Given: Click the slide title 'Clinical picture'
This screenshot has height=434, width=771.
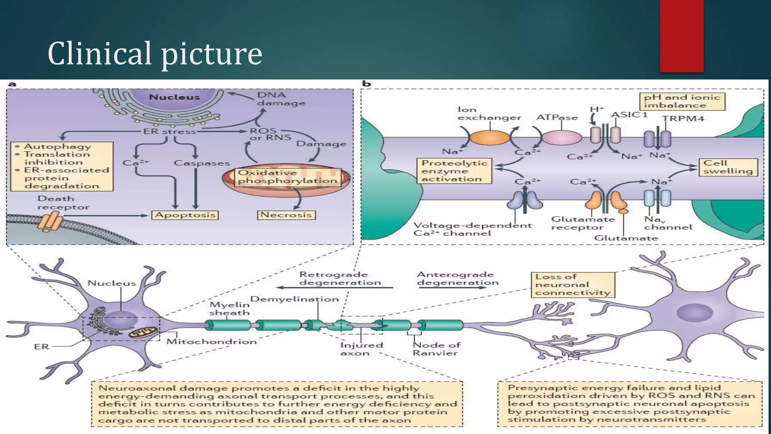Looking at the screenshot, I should tap(155, 53).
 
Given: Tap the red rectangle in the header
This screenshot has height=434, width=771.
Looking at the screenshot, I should tap(681, 36).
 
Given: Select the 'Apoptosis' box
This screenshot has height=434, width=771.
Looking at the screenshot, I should tap(185, 215).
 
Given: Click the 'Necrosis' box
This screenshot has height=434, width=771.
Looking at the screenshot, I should tap(286, 215).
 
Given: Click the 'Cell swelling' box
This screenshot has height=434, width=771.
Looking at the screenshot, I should tap(728, 167).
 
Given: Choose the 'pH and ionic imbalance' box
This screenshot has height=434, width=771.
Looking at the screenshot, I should tap(682, 101).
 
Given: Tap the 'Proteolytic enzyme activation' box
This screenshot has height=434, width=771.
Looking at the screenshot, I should tap(454, 171).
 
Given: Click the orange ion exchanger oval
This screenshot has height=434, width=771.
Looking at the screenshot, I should tap(490, 138).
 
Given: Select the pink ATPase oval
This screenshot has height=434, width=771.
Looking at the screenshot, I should tap(561, 138).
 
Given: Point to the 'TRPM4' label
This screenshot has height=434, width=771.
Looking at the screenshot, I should tap(683, 119).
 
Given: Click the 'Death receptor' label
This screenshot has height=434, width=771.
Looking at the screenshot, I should tap(63, 203).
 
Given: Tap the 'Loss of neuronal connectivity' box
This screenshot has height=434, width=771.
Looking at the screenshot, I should tap(572, 285).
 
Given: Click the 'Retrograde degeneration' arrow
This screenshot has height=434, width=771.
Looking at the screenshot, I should tap(335, 288).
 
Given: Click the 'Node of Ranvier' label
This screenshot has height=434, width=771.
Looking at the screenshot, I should tap(436, 349).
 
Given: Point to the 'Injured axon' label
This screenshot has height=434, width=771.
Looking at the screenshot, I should tap(356, 349).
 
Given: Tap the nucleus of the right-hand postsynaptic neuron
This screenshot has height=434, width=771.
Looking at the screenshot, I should tap(694, 313).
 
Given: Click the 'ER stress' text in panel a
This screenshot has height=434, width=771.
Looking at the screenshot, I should tap(169, 132).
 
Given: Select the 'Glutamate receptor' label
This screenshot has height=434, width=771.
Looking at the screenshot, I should tap(582, 223).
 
